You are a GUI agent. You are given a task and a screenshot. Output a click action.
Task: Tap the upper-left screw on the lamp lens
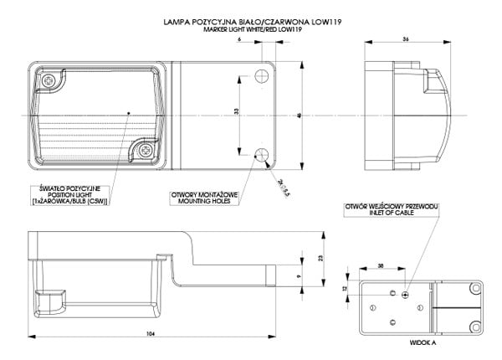pyautogui.click(x=53, y=81)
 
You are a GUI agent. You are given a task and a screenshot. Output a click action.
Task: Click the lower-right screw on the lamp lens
pyautogui.click(x=147, y=152)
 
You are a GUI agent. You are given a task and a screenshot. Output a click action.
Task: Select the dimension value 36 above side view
pyautogui.click(x=405, y=39)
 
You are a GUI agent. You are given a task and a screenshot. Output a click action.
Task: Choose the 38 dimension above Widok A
pyautogui.click(x=381, y=265)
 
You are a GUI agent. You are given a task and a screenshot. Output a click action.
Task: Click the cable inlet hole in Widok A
pyautogui.click(x=405, y=294)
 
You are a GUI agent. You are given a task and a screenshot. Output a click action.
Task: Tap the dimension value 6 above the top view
pyautogui.click(x=240, y=39)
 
